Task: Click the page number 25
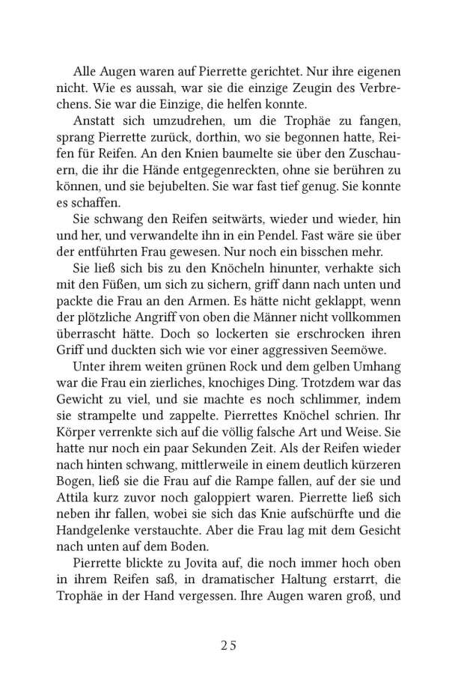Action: click(224, 646)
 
